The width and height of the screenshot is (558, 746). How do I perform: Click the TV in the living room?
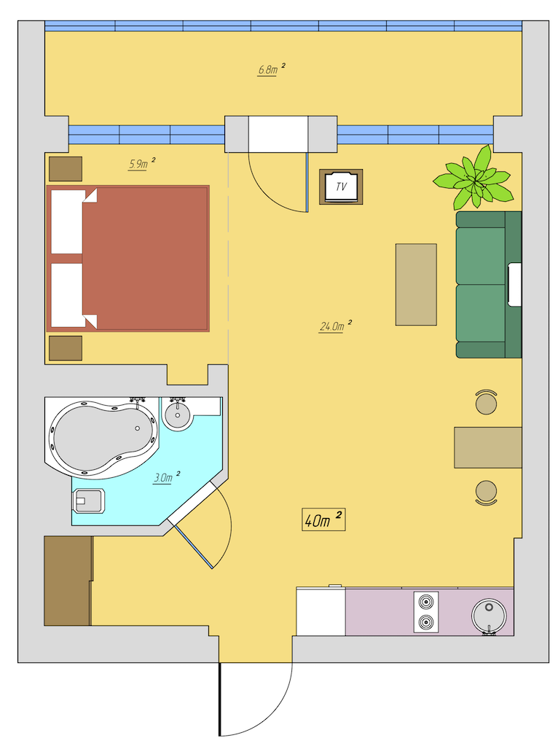(x=341, y=186)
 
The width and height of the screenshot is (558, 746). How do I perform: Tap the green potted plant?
(x=473, y=178)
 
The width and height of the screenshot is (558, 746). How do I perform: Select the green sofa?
(x=489, y=285)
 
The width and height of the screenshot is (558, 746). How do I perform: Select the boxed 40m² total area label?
(x=323, y=519)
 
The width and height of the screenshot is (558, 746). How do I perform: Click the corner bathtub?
(x=102, y=438)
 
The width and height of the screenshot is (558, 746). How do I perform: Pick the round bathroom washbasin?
(x=178, y=414)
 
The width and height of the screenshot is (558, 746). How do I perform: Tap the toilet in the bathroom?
(x=88, y=501)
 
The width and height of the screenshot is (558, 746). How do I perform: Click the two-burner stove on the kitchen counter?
(x=425, y=612)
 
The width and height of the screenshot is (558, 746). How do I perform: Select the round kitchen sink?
(x=489, y=616)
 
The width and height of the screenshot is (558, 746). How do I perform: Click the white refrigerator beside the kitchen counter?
(x=321, y=611)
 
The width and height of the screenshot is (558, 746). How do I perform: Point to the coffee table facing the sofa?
(x=416, y=285)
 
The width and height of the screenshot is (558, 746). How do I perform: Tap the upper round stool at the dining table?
(x=486, y=402)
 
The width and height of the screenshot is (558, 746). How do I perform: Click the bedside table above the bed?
(x=66, y=169)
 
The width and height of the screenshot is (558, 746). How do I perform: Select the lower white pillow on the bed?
(x=69, y=296)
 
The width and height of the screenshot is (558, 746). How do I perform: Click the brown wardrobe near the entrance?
(x=68, y=581)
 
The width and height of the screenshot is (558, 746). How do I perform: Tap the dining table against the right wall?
(x=488, y=447)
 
